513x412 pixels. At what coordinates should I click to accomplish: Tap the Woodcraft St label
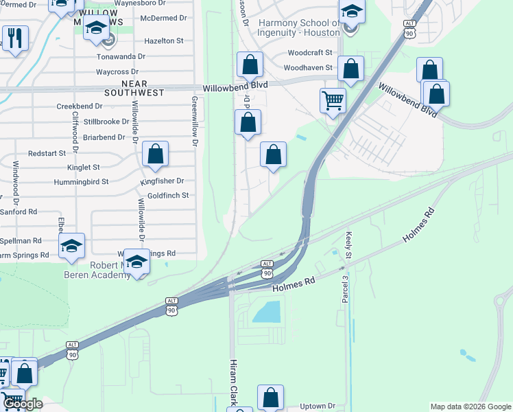click(310, 53)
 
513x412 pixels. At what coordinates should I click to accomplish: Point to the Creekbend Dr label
click(80, 106)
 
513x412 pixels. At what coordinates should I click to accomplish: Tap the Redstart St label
click(47, 153)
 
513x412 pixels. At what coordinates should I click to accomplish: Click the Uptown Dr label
click(317, 407)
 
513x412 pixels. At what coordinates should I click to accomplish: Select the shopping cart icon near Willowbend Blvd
click(333, 100)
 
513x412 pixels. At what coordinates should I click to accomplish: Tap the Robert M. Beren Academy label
click(110, 270)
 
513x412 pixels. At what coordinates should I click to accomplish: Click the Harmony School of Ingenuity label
click(298, 27)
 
